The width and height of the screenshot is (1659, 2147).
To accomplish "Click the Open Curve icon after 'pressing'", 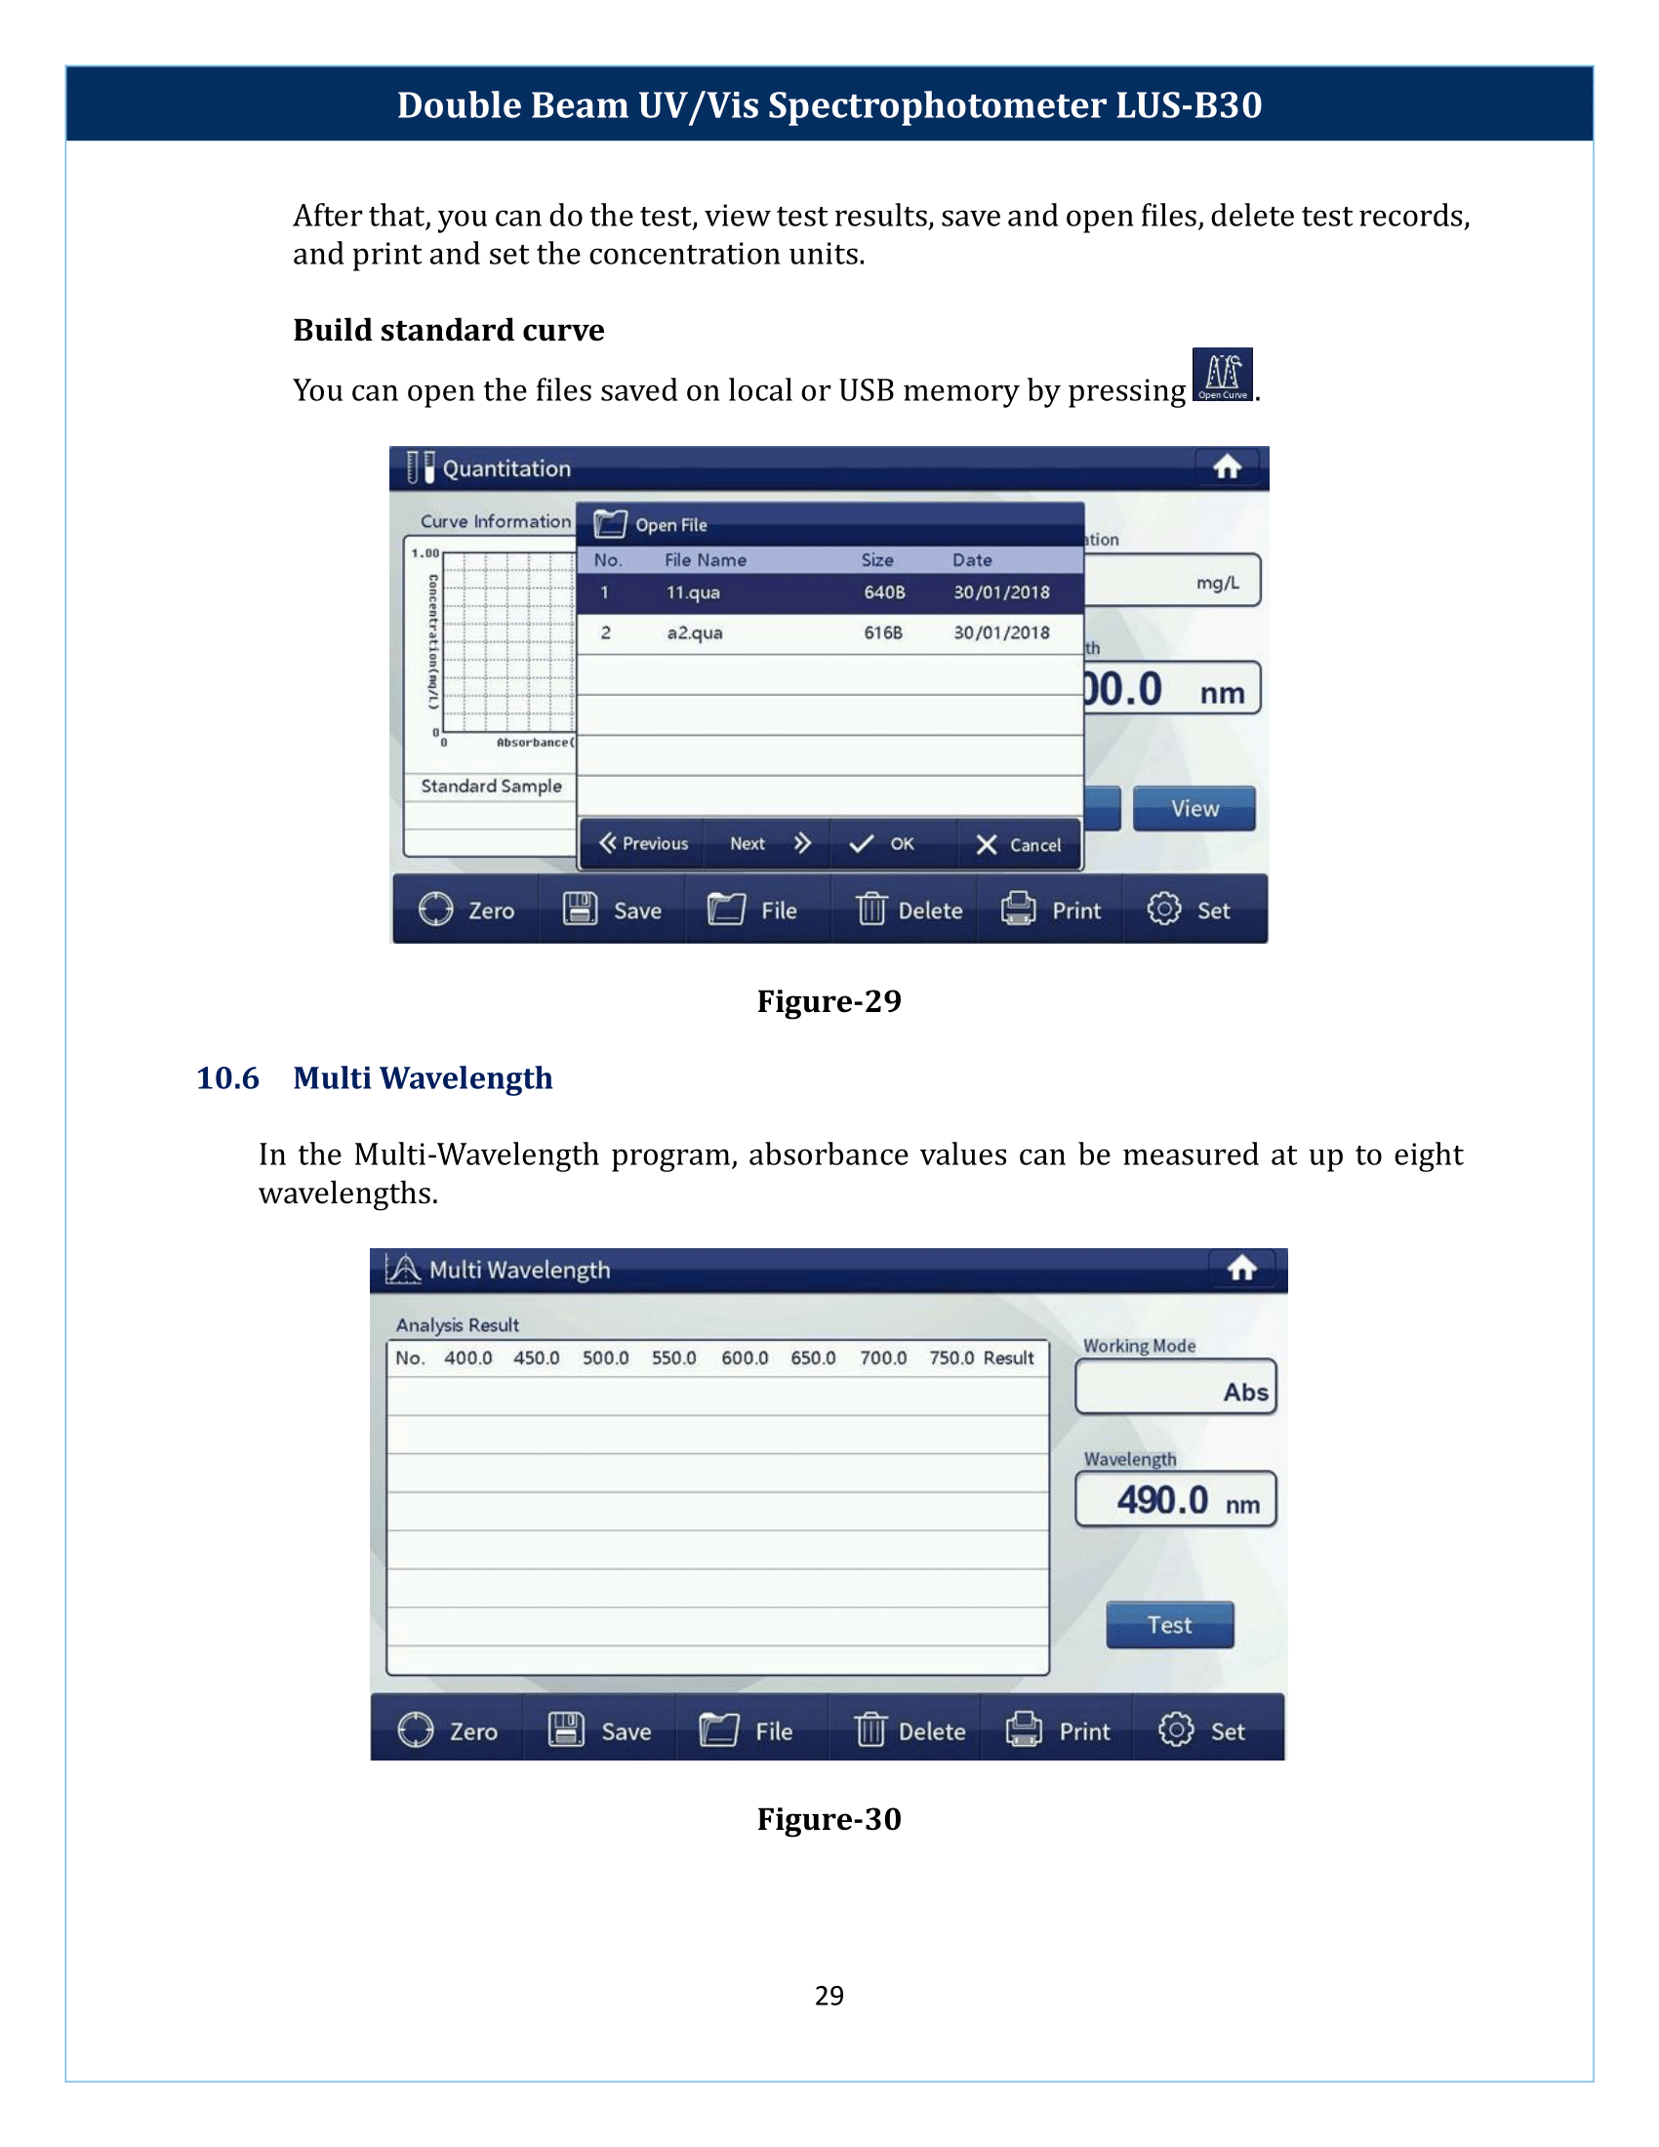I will point(1222,375).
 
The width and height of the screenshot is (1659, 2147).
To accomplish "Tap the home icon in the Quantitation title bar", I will point(1227,466).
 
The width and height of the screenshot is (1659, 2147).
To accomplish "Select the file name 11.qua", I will point(693,592).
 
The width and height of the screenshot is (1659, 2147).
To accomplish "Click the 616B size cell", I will point(882,633).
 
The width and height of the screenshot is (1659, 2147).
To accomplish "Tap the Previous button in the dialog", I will point(644,843).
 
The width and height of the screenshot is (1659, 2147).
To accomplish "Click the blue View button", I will point(1194,808).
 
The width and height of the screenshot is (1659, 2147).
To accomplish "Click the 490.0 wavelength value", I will point(1161,1500).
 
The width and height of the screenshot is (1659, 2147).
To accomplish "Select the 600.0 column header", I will point(744,1357).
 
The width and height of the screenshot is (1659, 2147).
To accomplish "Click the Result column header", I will point(1008,1357).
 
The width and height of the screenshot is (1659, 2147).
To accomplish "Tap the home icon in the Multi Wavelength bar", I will point(1242,1269).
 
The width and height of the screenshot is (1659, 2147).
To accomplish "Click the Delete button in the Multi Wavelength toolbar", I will point(910,1731).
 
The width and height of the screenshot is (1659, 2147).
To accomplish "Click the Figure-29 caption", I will point(829,1000).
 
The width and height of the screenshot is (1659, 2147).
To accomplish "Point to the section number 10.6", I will point(227,1078).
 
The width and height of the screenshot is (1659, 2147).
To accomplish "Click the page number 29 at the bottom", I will point(829,1995).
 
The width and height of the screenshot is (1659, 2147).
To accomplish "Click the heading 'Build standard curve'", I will point(448,330).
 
